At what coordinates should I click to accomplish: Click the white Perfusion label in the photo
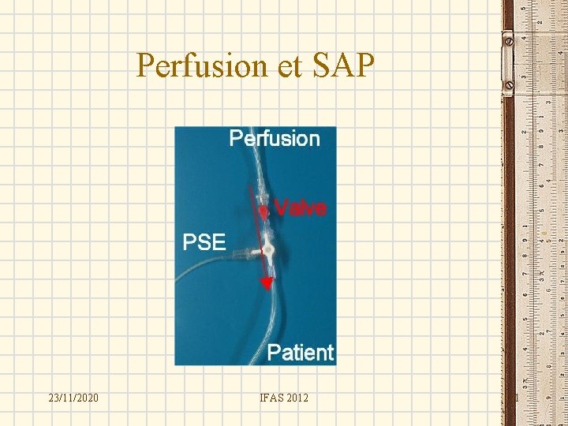(274, 139)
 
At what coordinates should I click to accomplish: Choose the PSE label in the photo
(204, 241)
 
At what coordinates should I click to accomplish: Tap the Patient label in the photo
(300, 352)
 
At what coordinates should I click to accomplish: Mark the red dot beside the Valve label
(263, 211)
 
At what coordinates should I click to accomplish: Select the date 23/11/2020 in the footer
(73, 398)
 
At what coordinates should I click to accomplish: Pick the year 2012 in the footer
(298, 398)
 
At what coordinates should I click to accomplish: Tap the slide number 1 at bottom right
(516, 398)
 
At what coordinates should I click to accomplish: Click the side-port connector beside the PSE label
(241, 253)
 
